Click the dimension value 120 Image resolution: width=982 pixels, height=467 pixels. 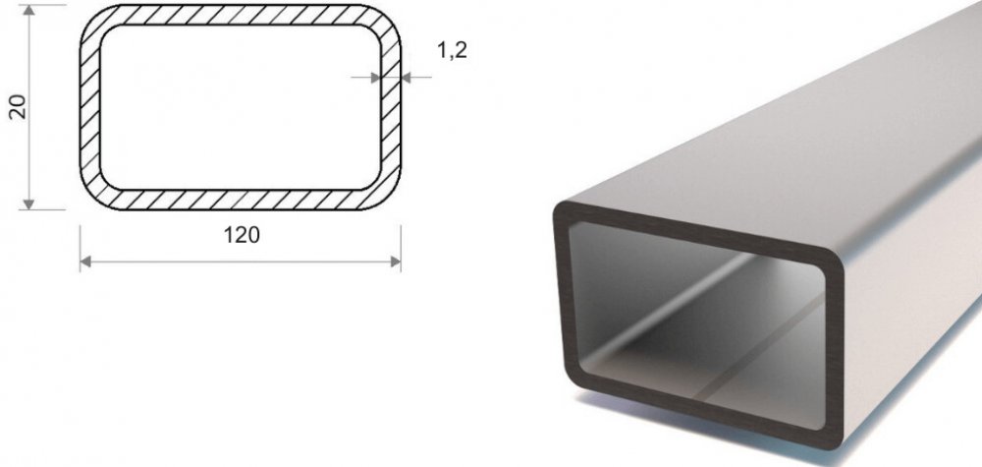point(242,236)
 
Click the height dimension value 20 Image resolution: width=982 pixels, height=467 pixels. point(18,106)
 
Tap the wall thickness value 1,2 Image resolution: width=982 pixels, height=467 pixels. point(452,51)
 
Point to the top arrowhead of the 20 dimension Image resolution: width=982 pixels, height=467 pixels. point(28,10)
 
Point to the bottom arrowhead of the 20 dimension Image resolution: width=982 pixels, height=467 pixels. point(28,204)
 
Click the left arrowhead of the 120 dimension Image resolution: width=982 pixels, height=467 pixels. point(85,262)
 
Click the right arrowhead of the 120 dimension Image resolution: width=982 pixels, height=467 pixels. point(395,262)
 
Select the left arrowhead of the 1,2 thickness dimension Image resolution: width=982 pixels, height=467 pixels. point(376,78)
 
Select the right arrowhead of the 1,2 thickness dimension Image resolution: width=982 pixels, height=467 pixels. point(406,78)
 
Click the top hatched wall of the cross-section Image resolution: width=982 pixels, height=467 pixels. point(241,15)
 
